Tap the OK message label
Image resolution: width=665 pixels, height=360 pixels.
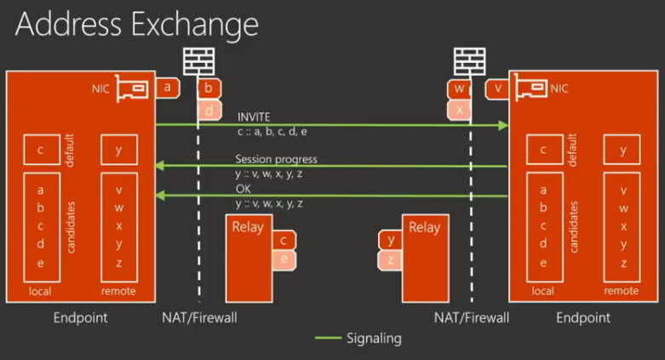(x=244, y=189)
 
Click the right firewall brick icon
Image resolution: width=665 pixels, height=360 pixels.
(x=468, y=61)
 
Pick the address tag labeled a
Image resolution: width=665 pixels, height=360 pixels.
(x=167, y=87)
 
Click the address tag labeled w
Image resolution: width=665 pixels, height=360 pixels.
(x=459, y=88)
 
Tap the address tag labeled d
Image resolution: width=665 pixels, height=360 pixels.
(x=209, y=110)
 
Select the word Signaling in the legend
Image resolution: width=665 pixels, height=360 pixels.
(x=374, y=338)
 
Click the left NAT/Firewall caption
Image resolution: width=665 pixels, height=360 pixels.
(x=200, y=317)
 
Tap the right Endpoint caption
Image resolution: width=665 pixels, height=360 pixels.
(x=583, y=317)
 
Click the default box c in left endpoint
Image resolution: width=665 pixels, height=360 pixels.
(x=41, y=151)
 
